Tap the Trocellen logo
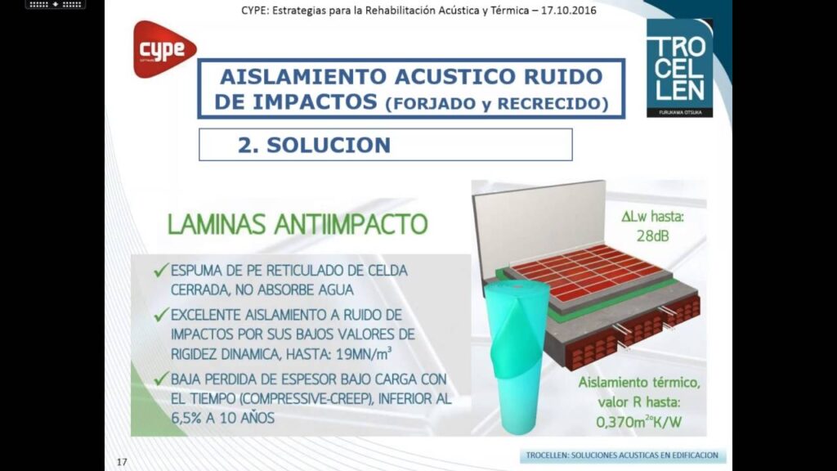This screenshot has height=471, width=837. (679, 69)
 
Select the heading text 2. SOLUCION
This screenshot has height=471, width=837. (315, 145)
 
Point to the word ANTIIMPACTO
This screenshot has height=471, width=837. (351, 224)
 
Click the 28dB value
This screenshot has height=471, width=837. (652, 235)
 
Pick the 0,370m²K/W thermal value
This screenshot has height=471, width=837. (638, 422)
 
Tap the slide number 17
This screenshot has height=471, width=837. (122, 462)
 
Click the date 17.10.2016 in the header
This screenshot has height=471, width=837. (569, 10)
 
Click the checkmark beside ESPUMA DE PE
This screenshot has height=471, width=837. (161, 270)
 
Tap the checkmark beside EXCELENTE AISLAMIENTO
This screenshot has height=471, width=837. (161, 315)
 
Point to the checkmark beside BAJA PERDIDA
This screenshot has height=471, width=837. (161, 379)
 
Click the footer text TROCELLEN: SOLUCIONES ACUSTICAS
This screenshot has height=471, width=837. (622, 455)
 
